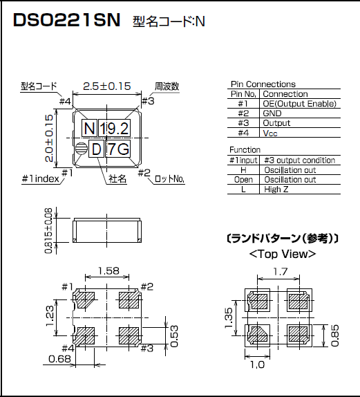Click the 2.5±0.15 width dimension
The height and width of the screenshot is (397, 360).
point(106,86)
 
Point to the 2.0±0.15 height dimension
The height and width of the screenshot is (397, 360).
point(49,138)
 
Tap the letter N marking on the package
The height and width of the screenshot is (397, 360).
point(89,129)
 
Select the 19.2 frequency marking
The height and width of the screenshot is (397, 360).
point(114,129)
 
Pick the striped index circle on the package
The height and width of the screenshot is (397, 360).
point(82,149)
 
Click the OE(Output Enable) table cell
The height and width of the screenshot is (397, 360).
point(300,104)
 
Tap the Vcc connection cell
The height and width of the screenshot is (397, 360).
point(270,133)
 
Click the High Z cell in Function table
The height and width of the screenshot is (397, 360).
point(272,189)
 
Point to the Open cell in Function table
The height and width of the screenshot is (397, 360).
point(243,179)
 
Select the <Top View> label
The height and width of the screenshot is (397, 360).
point(282,254)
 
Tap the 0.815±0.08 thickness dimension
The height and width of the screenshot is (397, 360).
point(49,231)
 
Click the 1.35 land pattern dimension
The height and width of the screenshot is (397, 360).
point(229,321)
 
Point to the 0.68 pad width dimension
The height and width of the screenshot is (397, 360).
point(59,359)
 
